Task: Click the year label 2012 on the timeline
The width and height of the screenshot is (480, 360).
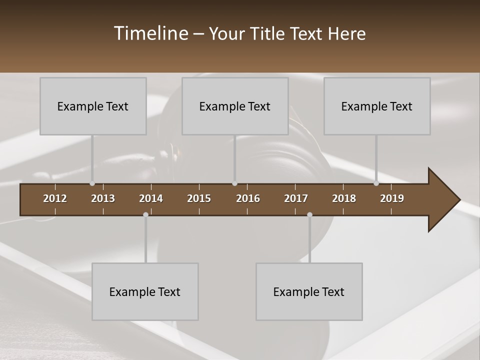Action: (x=55, y=198)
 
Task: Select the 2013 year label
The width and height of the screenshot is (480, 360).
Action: (x=103, y=198)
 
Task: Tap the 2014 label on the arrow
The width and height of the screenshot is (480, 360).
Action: (x=151, y=198)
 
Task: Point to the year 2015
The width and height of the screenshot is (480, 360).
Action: (x=199, y=198)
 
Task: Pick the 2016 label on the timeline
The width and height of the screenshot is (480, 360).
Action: (x=248, y=198)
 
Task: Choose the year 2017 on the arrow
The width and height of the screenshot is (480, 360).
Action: (x=296, y=198)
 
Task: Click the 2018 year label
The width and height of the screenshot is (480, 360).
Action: (x=344, y=198)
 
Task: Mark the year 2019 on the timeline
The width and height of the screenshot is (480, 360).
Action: (x=392, y=198)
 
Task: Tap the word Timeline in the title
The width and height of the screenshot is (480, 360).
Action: (x=150, y=33)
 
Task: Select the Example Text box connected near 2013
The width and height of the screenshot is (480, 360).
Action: (x=93, y=106)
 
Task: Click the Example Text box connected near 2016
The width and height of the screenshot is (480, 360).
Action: (x=235, y=106)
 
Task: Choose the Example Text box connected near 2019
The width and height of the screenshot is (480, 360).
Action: (x=377, y=106)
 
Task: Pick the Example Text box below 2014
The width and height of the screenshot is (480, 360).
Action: (x=145, y=291)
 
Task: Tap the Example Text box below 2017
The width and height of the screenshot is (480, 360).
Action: (x=309, y=291)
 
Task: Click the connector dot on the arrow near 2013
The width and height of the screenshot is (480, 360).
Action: (x=92, y=183)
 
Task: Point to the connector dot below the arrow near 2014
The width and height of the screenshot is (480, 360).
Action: (x=145, y=214)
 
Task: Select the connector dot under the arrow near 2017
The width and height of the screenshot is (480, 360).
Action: (x=309, y=214)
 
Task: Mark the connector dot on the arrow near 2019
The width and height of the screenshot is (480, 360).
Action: (x=376, y=183)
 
